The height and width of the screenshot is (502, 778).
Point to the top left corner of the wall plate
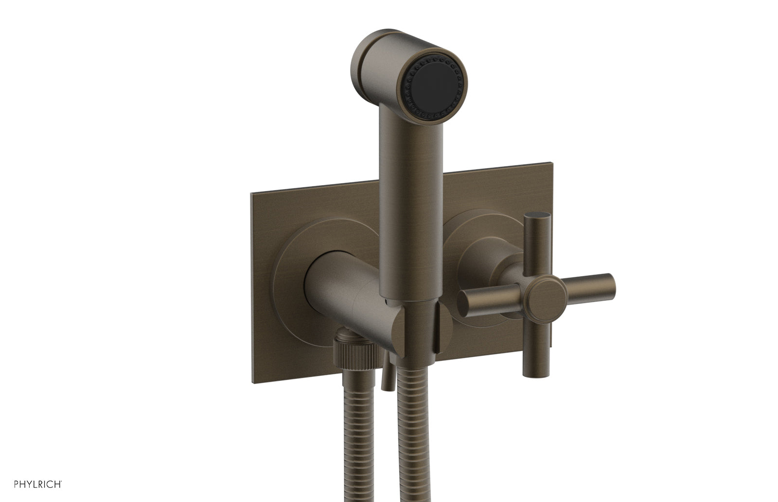(x=252, y=195)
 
